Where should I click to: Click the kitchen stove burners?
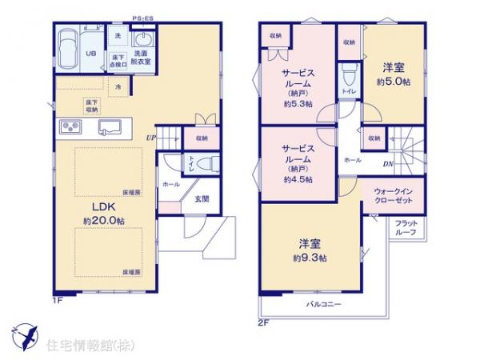tap(68, 128)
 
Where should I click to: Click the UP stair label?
tap(150, 138)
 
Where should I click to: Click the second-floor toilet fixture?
tap(348, 78)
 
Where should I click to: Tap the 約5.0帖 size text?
tap(394, 82)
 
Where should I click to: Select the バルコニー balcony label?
tap(323, 305)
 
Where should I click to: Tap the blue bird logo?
tap(25, 333)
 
